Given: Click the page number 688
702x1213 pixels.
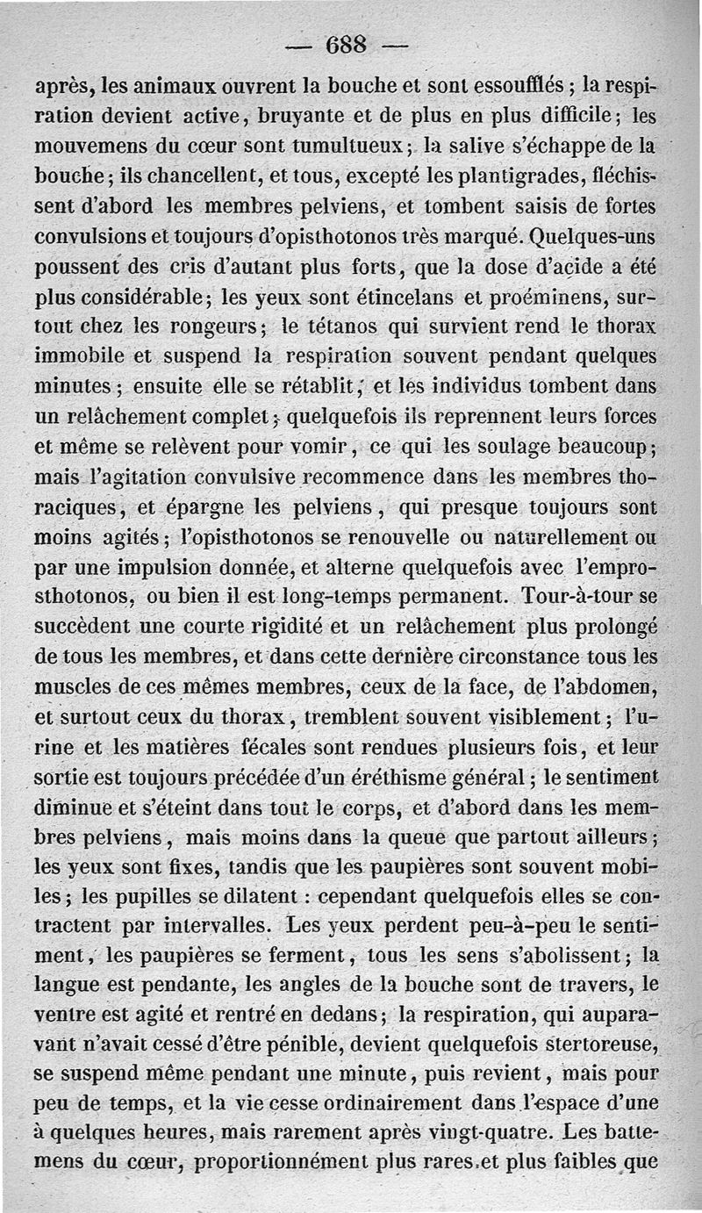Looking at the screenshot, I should [346, 45].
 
